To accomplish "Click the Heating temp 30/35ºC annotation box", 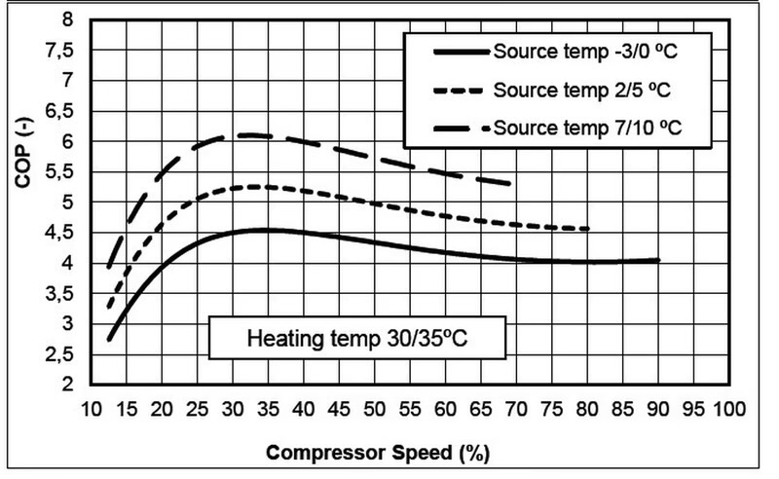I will [357, 343].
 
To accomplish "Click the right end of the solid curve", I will [659, 260].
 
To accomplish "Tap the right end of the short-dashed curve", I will [589, 229].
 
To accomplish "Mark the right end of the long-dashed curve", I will [510, 183].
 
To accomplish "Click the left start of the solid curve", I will [109, 340].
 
